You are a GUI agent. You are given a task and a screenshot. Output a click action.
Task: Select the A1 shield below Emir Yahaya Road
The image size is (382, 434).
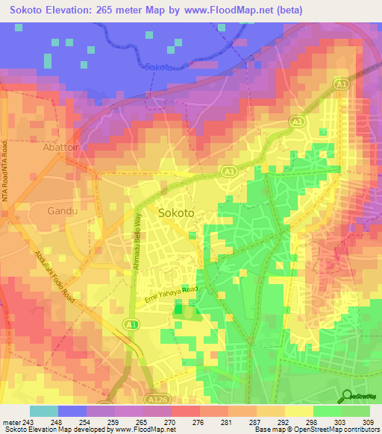131,324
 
